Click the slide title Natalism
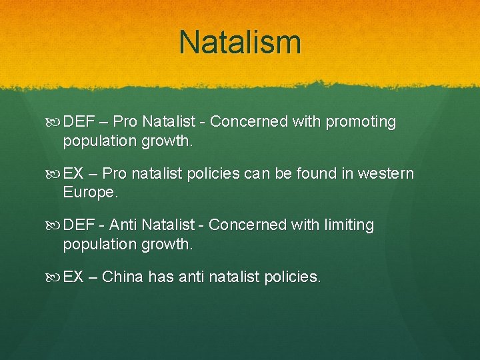coord(240,41)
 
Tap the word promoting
coord(361,122)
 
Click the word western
coord(386,174)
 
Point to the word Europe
coord(90,193)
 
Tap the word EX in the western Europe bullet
coord(73,174)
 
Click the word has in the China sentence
coord(161,277)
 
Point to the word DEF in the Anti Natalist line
coord(79,225)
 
